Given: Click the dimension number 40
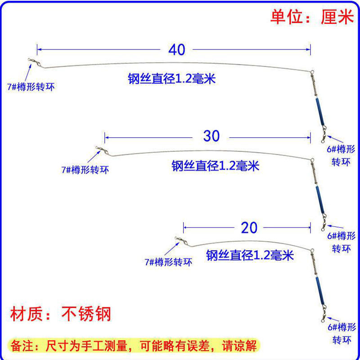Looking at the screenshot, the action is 177,50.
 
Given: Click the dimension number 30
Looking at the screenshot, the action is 211,136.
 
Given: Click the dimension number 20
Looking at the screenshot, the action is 249,228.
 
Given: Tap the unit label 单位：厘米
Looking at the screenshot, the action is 311,17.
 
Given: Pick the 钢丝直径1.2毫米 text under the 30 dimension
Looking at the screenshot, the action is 216,166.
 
